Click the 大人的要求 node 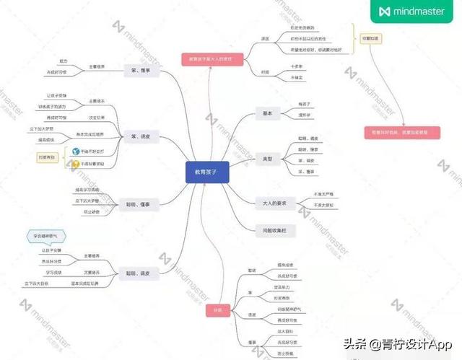[270, 203]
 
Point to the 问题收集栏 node [270, 230]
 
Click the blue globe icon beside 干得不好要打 [74, 152]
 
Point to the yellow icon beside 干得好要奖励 [74, 164]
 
